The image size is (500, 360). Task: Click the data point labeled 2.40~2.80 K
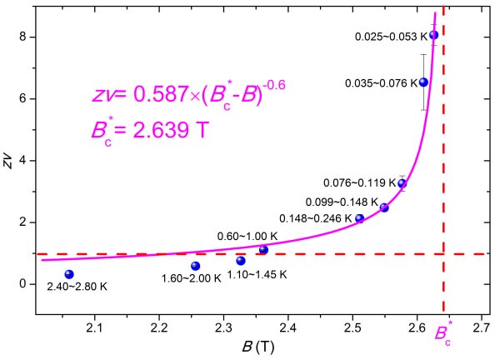coord(69,274)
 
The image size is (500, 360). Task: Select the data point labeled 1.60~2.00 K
coord(196,266)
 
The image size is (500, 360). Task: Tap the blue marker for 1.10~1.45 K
coord(241,261)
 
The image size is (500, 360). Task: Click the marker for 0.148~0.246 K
coord(360,218)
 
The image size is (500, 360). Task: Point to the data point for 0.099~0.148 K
coord(384,207)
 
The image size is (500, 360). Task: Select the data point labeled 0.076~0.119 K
coord(402,183)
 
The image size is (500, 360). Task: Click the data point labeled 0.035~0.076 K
coord(423,82)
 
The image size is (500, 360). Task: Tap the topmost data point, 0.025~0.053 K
coord(433,35)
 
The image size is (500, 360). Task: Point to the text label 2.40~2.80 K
coord(76,287)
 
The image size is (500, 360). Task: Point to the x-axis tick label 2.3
coord(223,327)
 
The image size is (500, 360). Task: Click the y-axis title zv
coord(8,159)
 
